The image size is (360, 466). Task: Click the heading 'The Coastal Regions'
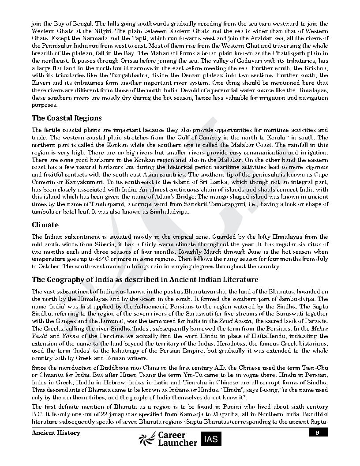pyautogui.click(x=67, y=118)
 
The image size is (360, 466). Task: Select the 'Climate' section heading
pyautogui.click(x=45, y=225)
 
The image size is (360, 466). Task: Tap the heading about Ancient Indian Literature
pyautogui.click(x=145, y=280)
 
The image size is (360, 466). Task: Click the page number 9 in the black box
pyautogui.click(x=318, y=433)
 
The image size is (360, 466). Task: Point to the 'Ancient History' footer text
pyautogui.click(x=56, y=433)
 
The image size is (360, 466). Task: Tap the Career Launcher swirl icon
pyautogui.click(x=147, y=439)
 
